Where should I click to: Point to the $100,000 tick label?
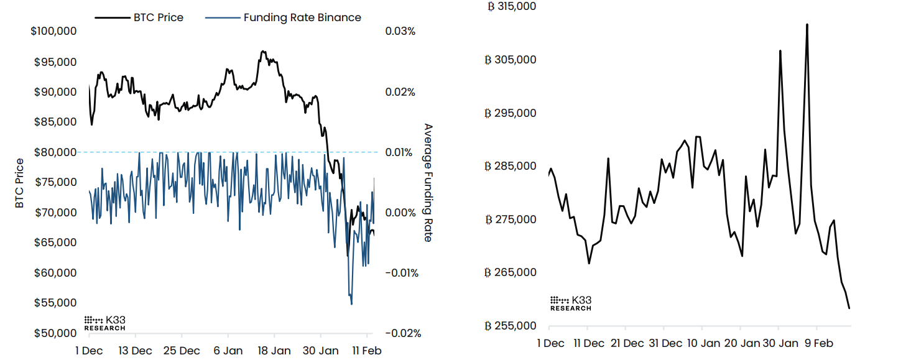(x=53, y=32)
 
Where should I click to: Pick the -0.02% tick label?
(x=402, y=333)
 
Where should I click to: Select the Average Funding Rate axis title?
(x=428, y=182)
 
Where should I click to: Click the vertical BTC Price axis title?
(x=19, y=183)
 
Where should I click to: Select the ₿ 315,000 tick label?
(x=512, y=7)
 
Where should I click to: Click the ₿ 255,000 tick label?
(x=512, y=326)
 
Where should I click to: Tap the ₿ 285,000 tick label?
(x=512, y=167)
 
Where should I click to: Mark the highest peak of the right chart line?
(x=807, y=24)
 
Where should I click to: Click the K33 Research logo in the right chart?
(x=571, y=303)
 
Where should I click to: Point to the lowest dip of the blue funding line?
(x=351, y=304)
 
